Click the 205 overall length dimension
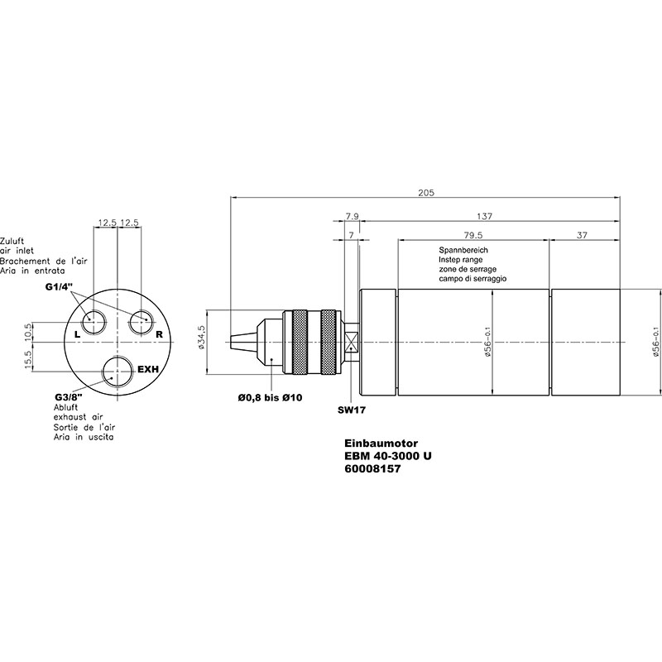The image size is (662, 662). coord(426,193)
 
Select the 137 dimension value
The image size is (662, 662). coord(484,216)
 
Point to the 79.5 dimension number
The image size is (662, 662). coord(473,235)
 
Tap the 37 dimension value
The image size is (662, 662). coord(582,235)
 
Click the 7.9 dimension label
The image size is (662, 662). coord(353,216)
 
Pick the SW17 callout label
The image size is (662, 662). coord(351,410)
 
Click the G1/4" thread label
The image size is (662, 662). coord(59,287)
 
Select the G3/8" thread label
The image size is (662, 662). coord(69,397)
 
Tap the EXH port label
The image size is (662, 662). coord(148,369)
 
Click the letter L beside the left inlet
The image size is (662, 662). coord(77,335)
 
